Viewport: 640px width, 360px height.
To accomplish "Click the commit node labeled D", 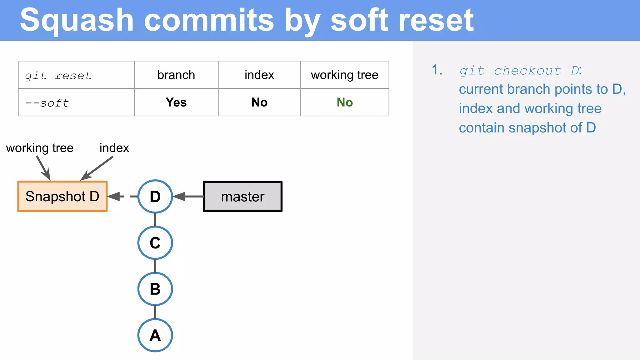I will point(155,197).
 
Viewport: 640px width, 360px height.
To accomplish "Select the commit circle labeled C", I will point(155,243).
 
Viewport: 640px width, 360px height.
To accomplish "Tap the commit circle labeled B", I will point(155,289).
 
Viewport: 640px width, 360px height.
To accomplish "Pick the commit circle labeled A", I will point(155,335).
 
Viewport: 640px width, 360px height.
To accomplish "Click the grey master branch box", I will point(242,197).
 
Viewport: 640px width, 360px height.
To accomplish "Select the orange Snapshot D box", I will point(62,197).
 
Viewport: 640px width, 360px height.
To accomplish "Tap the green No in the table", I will point(344,102).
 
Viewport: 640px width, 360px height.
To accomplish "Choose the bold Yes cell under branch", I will point(176,102).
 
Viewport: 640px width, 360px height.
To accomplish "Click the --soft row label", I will point(47,103).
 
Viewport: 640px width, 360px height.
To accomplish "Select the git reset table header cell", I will point(58,76).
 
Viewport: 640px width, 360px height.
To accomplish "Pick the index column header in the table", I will point(259,75).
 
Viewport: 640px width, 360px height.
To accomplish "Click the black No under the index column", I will point(259,102).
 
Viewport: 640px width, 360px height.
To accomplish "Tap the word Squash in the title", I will point(77,21).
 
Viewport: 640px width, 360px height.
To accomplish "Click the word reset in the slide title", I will point(436,21).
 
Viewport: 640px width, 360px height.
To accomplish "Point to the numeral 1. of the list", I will point(437,70).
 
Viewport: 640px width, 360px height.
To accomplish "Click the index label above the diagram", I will point(114,148).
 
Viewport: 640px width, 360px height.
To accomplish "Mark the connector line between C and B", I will point(155,266).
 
